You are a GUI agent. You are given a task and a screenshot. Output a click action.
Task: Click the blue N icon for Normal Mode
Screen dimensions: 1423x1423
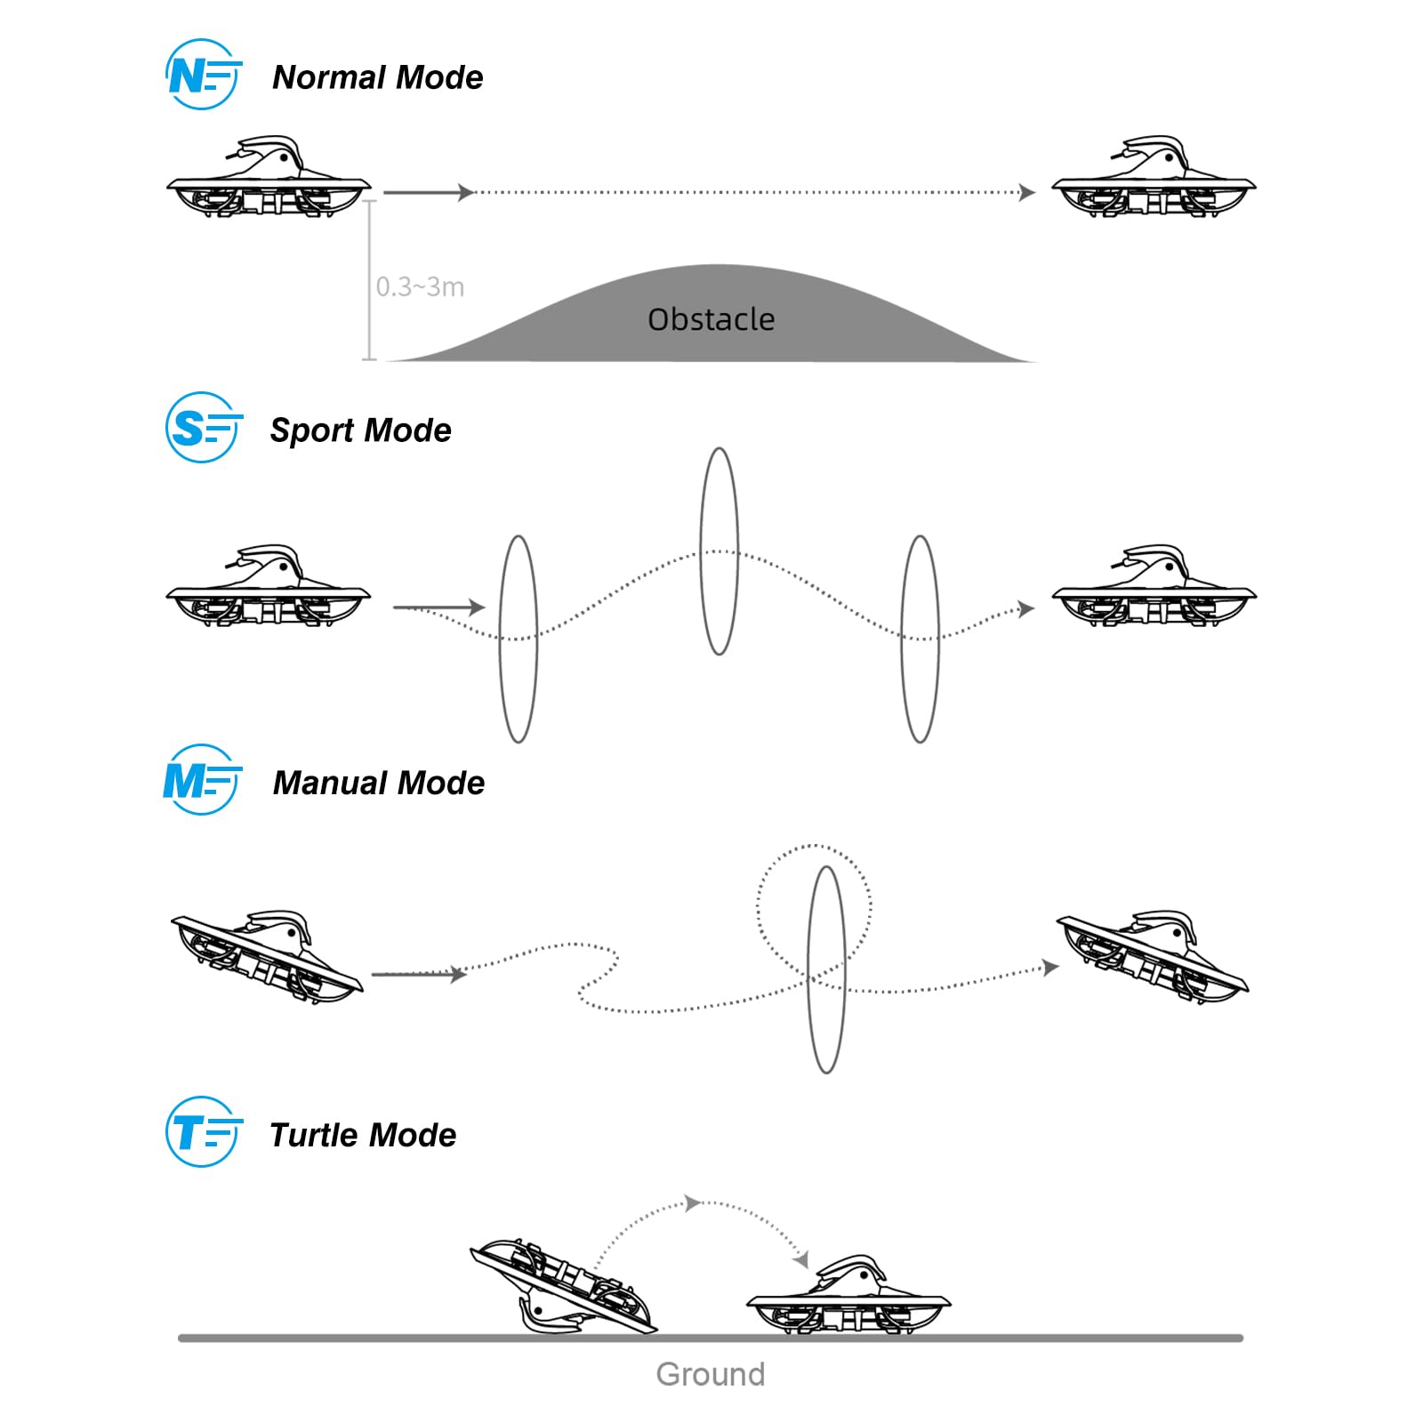click(203, 75)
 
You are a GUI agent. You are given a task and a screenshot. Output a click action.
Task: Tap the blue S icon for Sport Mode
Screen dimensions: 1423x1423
click(203, 428)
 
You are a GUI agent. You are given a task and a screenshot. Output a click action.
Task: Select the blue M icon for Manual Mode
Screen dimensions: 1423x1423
click(202, 780)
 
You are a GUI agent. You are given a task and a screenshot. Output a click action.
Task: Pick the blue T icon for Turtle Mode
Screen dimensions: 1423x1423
click(203, 1132)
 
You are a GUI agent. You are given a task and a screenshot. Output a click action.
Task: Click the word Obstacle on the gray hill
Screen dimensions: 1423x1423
click(711, 319)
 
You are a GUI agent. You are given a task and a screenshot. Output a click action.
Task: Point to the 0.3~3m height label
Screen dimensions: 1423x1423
click(420, 287)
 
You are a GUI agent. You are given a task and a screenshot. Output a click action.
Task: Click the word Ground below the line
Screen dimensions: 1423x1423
click(711, 1375)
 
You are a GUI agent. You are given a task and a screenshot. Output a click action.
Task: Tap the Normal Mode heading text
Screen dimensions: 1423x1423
click(378, 77)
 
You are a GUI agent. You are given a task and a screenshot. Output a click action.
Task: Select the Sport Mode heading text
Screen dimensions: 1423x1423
click(361, 430)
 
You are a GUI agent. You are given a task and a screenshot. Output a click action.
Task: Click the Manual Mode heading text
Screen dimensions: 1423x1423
click(379, 783)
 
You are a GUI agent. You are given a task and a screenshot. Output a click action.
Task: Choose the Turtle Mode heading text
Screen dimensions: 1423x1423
click(363, 1135)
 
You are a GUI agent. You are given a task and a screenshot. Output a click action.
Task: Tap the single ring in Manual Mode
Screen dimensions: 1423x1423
click(809, 969)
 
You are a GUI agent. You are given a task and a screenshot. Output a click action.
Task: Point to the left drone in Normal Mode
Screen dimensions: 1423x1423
click(269, 177)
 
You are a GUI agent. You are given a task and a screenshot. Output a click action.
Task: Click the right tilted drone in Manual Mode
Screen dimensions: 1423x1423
click(1153, 957)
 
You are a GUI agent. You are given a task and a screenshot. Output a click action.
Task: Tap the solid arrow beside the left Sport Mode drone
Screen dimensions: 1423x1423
click(439, 607)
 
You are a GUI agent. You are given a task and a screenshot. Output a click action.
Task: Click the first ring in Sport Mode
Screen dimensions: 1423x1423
click(502, 639)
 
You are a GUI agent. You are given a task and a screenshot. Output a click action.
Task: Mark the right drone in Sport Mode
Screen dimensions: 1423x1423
click(1154, 586)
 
